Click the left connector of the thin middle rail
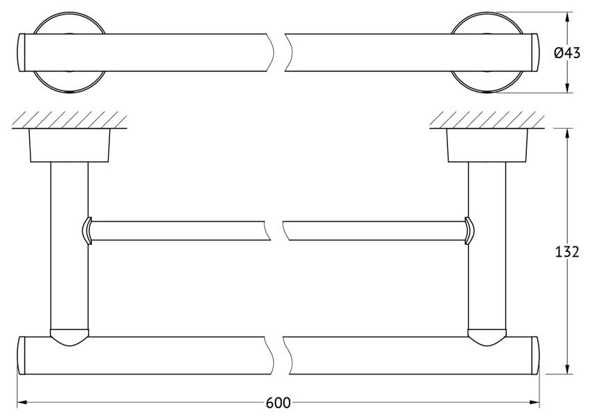point(87,230)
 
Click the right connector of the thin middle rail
point(469,230)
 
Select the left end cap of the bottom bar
point(21,354)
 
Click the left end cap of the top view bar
point(21,51)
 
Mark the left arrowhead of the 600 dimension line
point(21,401)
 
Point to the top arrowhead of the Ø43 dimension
point(569,15)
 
